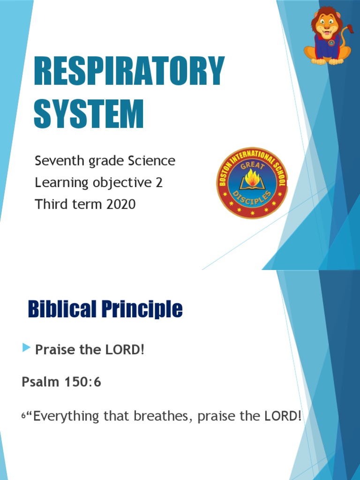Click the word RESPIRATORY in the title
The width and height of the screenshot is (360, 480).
(129, 72)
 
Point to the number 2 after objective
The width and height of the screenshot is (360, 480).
(159, 183)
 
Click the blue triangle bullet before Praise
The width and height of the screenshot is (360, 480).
(26, 347)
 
